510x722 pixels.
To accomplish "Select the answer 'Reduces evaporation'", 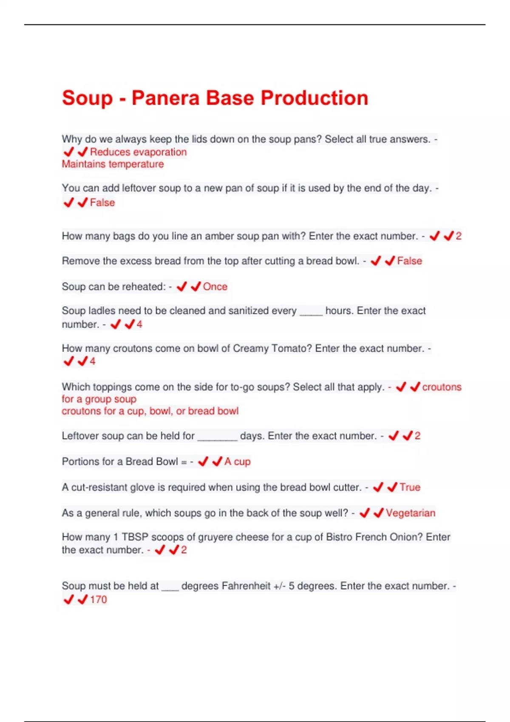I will click(138, 152).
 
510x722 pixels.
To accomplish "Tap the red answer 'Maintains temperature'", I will click(113, 164).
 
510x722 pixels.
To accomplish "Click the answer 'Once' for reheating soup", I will click(215, 287).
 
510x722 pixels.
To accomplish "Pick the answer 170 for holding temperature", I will click(98, 600).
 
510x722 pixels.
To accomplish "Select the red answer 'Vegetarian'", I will click(411, 513).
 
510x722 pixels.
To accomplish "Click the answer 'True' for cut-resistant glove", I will click(410, 487).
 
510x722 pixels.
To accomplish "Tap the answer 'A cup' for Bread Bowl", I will click(238, 462).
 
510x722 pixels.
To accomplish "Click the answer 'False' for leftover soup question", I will click(102, 203).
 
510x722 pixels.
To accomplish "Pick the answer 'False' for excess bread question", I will click(409, 261).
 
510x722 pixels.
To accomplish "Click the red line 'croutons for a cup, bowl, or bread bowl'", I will click(150, 411).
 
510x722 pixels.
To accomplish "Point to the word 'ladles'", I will click(102, 311).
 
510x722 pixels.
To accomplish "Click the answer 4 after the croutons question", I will click(93, 362).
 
